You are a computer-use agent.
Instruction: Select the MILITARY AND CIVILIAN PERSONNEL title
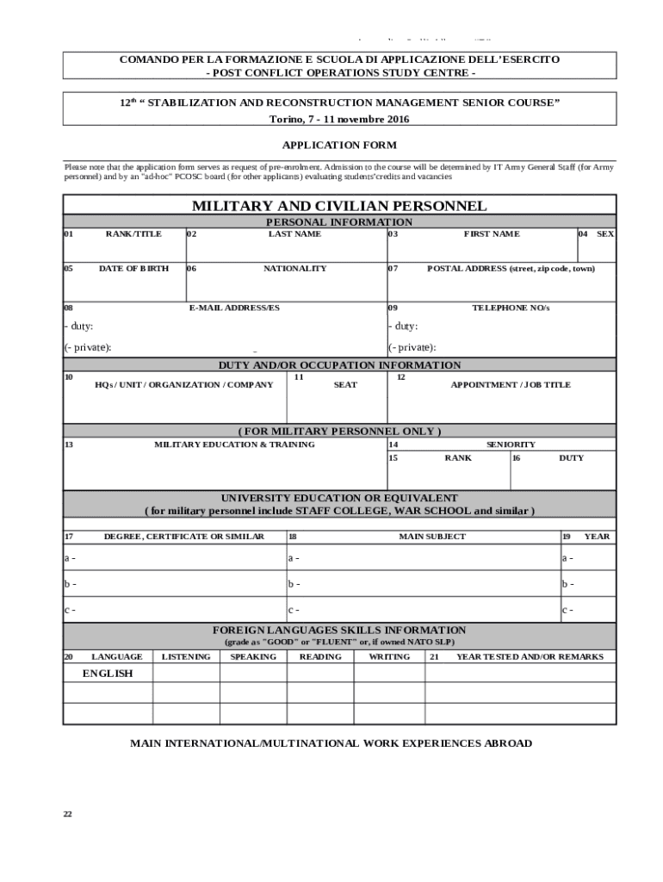pyautogui.click(x=339, y=206)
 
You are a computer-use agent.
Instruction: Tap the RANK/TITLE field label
pyautogui.click(x=133, y=234)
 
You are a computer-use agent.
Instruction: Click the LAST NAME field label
pyautogui.click(x=294, y=234)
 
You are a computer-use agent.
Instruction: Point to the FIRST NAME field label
pyautogui.click(x=492, y=234)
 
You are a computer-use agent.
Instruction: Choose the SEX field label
pyautogui.click(x=605, y=234)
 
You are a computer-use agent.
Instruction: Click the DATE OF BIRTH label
pyautogui.click(x=133, y=269)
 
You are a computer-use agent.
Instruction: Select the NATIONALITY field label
pyautogui.click(x=294, y=269)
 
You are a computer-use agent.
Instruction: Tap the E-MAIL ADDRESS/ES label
pyautogui.click(x=234, y=307)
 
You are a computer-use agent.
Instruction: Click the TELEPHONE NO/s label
pyautogui.click(x=511, y=307)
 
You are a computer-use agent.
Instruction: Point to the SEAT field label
pyautogui.click(x=345, y=385)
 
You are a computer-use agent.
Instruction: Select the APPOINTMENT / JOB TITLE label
pyautogui.click(x=511, y=385)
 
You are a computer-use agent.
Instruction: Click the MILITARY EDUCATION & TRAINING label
pyautogui.click(x=234, y=444)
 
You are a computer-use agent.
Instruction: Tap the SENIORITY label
pyautogui.click(x=511, y=444)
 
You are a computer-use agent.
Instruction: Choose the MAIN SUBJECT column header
pyautogui.click(x=432, y=537)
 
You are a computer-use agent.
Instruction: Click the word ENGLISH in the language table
pyautogui.click(x=108, y=674)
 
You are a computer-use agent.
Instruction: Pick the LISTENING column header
pyautogui.click(x=186, y=656)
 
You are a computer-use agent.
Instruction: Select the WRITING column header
pyautogui.click(x=389, y=656)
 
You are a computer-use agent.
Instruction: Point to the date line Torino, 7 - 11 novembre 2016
pyautogui.click(x=339, y=118)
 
